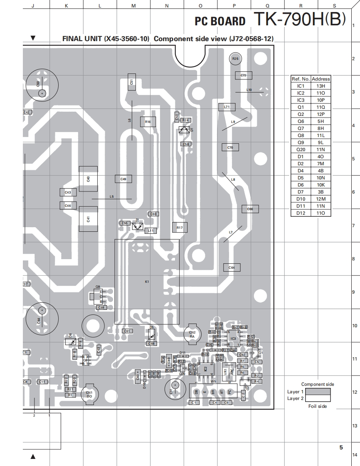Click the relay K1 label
click(x=147, y=282)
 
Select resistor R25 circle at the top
click(x=235, y=59)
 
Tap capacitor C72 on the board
click(x=244, y=75)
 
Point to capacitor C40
click(x=88, y=179)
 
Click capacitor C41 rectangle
click(x=88, y=219)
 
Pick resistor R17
click(x=180, y=228)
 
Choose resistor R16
click(x=148, y=122)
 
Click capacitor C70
click(x=230, y=147)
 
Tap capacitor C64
click(x=232, y=267)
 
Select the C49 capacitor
click(x=123, y=179)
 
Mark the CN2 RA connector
click(x=192, y=334)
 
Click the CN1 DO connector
click(x=89, y=394)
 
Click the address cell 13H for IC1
click(x=321, y=86)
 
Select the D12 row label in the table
click(x=301, y=213)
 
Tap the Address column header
click(x=321, y=78)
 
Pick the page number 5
click(x=341, y=447)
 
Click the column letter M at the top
click(x=133, y=6)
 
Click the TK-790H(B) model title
click(x=299, y=19)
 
